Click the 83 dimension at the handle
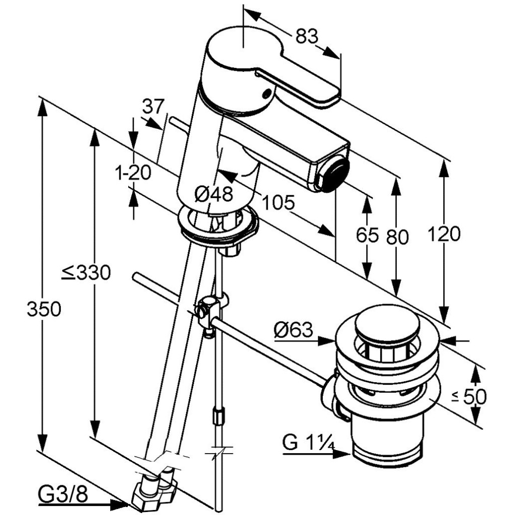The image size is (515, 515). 307,36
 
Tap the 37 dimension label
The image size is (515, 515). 153,107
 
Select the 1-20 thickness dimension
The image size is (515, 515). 133,172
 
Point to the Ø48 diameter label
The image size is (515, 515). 213,194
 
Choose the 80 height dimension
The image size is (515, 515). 397,237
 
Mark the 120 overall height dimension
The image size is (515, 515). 444,234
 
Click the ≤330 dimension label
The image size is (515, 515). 86,273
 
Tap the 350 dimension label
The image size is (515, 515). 44,309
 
